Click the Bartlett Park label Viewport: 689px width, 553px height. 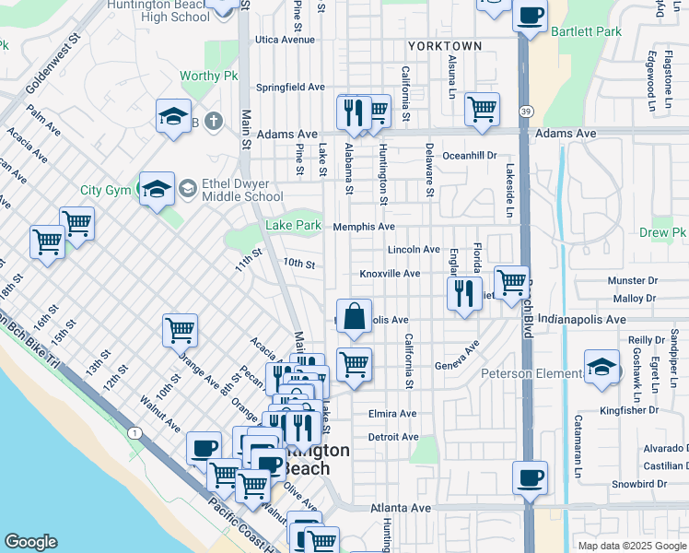[586, 31]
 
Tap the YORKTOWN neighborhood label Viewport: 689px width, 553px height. [446, 45]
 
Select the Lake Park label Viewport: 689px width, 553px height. [293, 225]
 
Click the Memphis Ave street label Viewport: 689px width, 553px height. [364, 227]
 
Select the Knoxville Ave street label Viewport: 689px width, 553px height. [390, 274]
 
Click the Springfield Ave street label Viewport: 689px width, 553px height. [291, 88]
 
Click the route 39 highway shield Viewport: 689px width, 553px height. [525, 112]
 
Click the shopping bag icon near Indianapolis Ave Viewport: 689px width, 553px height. [354, 317]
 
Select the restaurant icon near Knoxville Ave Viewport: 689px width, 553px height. [464, 293]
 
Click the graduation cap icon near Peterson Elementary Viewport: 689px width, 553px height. [601, 367]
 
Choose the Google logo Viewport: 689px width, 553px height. [30, 542]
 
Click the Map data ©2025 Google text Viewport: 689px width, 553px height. [631, 546]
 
